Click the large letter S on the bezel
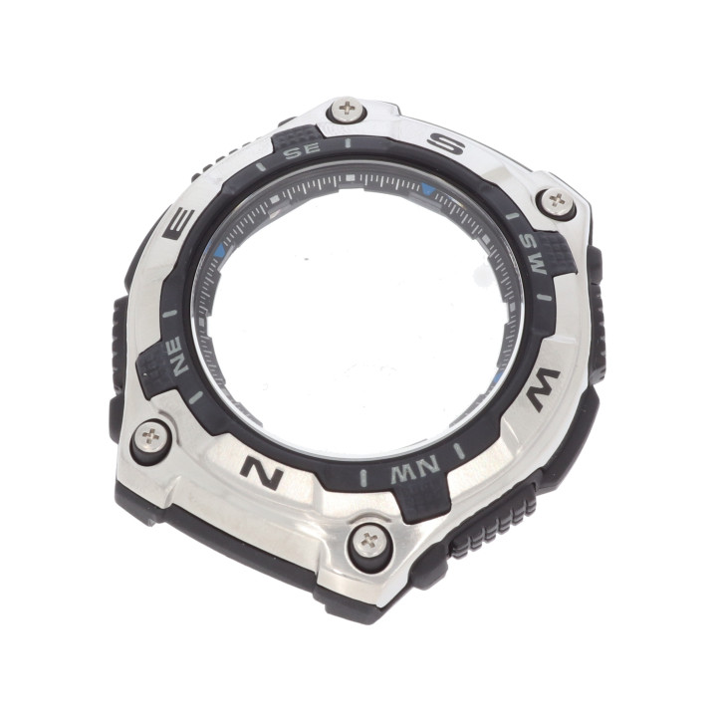pos(446,144)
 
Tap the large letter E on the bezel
pos(179,224)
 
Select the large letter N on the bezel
pos(262,472)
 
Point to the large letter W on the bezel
pos(544,389)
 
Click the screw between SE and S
pos(348,110)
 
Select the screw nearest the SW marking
pos(557,201)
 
